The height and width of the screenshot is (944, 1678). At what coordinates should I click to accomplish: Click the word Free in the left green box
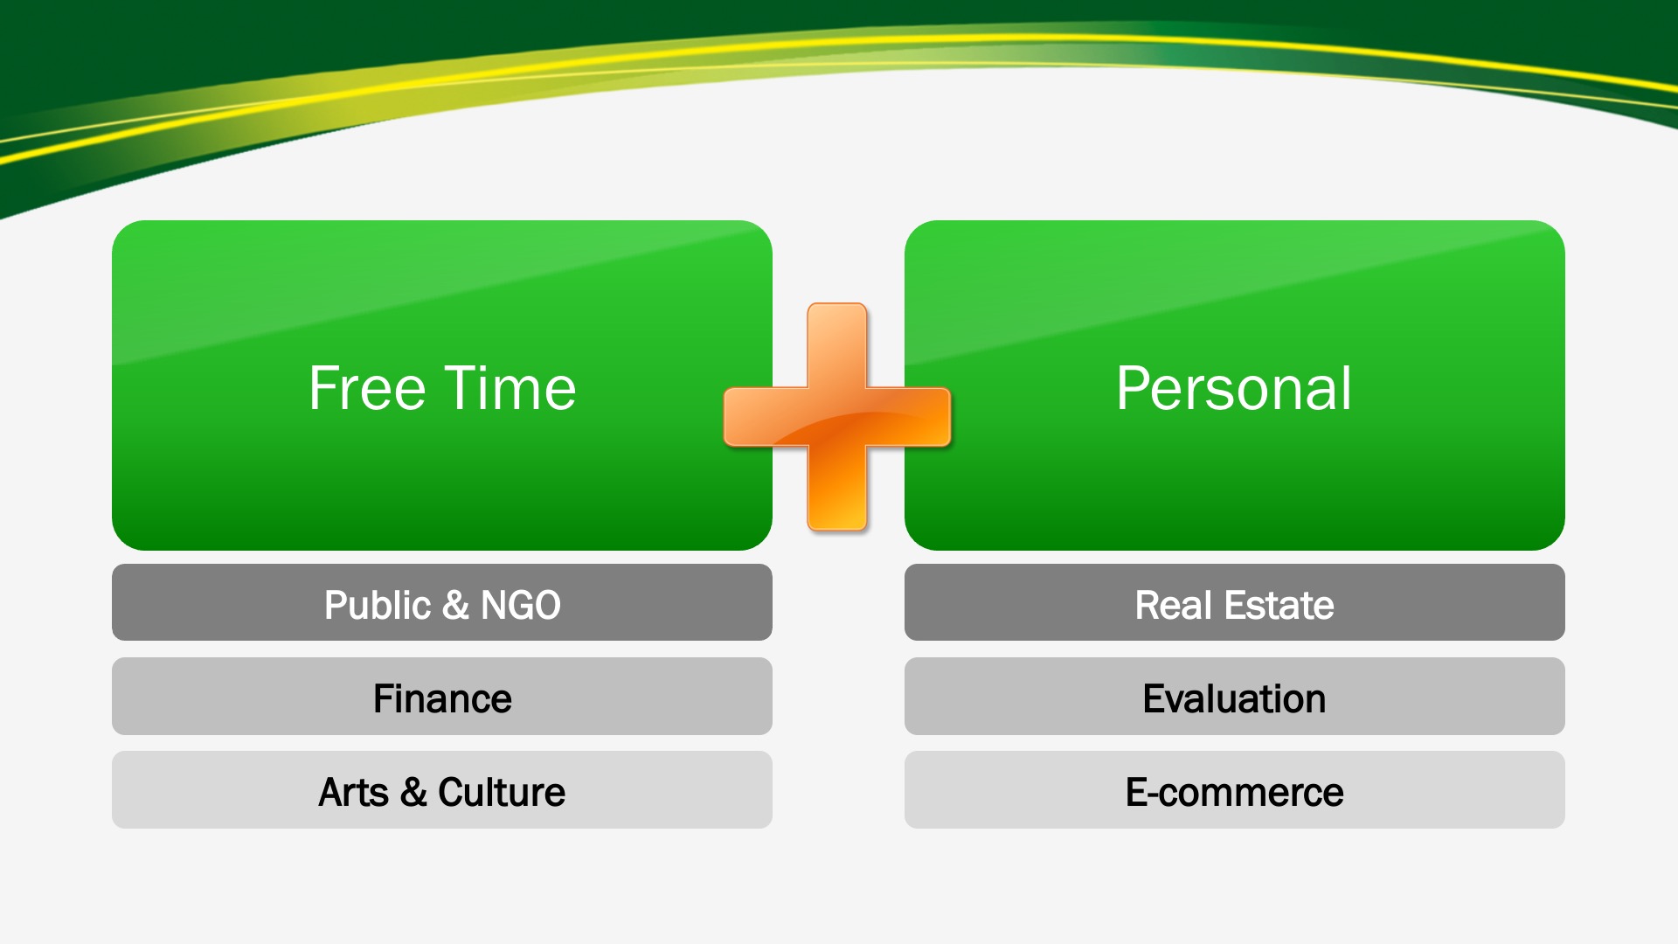(367, 388)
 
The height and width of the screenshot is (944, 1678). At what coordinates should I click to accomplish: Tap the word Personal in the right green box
(1234, 390)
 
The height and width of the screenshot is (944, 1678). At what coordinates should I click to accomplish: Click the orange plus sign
(837, 417)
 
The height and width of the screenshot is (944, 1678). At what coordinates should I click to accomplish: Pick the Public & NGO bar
(442, 602)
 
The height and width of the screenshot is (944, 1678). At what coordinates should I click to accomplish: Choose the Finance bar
(442, 697)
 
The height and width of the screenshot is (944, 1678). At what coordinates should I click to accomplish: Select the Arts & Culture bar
(442, 790)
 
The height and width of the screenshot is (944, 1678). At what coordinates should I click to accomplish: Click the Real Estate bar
(1235, 602)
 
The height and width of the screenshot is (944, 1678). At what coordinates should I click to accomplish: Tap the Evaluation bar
(1235, 697)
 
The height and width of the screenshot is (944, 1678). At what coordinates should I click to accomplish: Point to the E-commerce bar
(1235, 790)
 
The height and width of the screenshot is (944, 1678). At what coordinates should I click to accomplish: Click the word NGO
(521, 605)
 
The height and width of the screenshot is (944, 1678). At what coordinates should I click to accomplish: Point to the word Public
(378, 605)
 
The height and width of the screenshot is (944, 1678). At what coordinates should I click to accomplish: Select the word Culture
(502, 792)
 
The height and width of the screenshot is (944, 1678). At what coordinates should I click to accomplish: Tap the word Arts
(354, 792)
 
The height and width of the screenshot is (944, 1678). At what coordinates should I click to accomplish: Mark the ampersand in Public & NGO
(455, 605)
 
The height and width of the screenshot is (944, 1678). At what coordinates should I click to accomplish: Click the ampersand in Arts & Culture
(413, 792)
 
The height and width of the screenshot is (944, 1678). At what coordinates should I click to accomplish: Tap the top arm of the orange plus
(837, 345)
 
